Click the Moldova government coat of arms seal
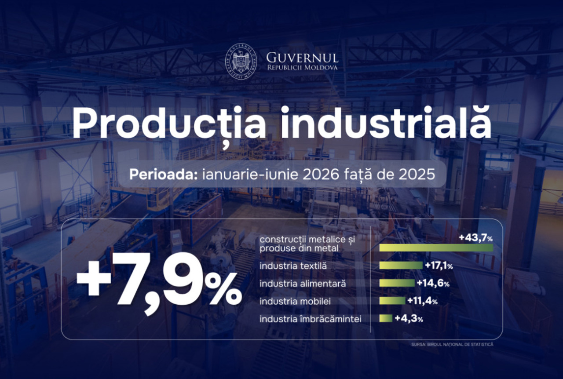coord(241,62)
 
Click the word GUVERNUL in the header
coord(302,58)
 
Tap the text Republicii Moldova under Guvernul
coord(302,68)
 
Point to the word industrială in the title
coord(386,122)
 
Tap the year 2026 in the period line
coord(321,175)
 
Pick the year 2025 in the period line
coord(417,175)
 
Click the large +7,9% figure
coord(159,283)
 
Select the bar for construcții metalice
coord(436,248)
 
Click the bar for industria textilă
coord(401,266)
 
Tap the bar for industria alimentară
coord(397,283)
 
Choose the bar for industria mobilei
coord(392,301)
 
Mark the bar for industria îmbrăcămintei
coord(386,318)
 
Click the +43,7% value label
coord(476,238)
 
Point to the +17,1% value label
coord(439,266)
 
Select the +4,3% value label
coord(409,318)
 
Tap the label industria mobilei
coord(295,301)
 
